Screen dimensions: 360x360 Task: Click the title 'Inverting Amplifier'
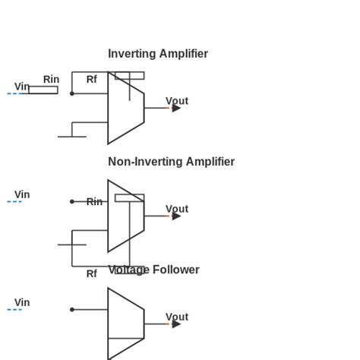click(x=157, y=54)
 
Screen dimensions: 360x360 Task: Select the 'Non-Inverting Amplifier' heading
click(x=171, y=162)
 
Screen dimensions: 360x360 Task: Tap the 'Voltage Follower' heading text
click(x=153, y=270)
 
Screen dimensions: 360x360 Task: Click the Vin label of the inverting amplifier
click(x=22, y=87)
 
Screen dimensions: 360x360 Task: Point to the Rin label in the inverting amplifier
click(x=51, y=79)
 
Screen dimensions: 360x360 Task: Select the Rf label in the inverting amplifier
click(x=91, y=79)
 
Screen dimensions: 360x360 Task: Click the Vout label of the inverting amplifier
click(x=176, y=101)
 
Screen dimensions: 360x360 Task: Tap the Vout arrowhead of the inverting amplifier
click(x=176, y=108)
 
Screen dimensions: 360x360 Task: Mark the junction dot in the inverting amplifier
click(x=72, y=93)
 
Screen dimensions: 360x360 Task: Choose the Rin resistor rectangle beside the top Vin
click(x=43, y=90)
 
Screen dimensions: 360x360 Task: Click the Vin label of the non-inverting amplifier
click(x=22, y=194)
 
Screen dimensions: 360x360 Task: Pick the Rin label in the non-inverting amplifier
click(x=94, y=202)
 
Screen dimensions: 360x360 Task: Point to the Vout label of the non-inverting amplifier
click(x=176, y=209)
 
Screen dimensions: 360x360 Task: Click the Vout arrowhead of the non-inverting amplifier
click(x=176, y=216)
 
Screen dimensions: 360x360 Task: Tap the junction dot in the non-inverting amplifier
click(x=72, y=201)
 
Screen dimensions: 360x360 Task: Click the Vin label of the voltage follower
click(x=22, y=302)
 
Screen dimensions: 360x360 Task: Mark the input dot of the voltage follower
click(x=72, y=309)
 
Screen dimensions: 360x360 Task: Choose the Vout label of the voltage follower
click(x=176, y=317)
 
